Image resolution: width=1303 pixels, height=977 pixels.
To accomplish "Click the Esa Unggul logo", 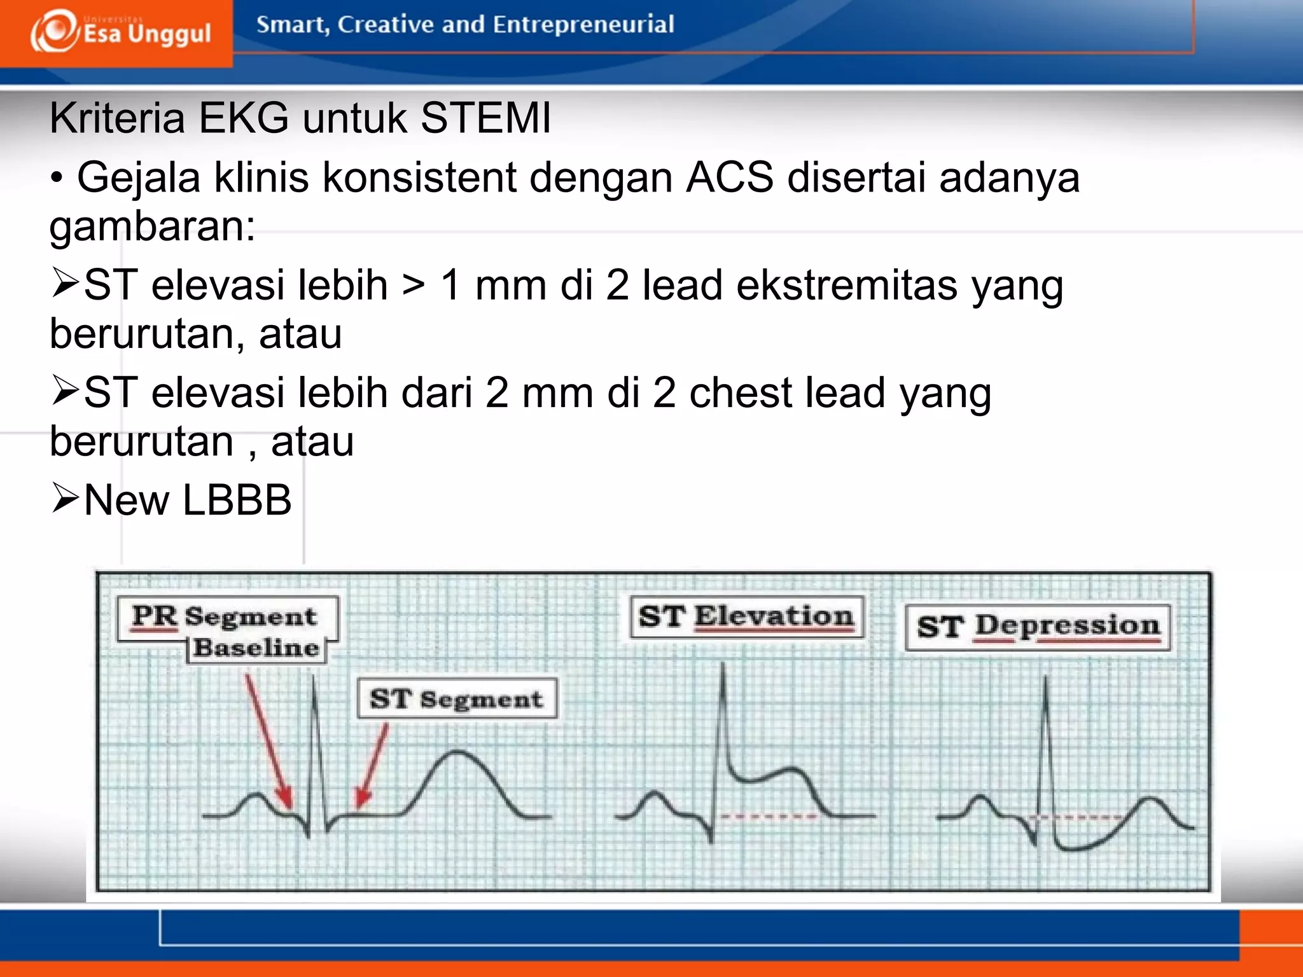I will (x=121, y=32).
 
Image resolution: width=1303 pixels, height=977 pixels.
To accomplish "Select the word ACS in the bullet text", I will (x=729, y=177).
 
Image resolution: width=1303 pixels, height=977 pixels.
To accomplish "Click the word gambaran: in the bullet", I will (x=152, y=226).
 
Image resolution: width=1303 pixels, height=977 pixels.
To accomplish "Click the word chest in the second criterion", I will (x=740, y=393).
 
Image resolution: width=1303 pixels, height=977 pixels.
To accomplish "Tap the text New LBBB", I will (x=188, y=500).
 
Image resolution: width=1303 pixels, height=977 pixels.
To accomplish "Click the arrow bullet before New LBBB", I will (x=65, y=498).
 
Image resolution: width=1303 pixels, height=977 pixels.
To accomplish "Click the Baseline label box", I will (x=256, y=648).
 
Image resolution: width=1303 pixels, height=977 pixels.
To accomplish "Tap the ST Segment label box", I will (x=456, y=698).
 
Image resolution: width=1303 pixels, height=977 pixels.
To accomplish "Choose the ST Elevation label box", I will (x=746, y=616).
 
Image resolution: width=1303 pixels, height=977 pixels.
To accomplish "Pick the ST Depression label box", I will (x=1037, y=626).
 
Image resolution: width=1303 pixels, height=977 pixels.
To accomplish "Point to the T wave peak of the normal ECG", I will (x=457, y=753).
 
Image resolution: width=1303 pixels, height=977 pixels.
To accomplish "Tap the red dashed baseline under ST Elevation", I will (x=769, y=816).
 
